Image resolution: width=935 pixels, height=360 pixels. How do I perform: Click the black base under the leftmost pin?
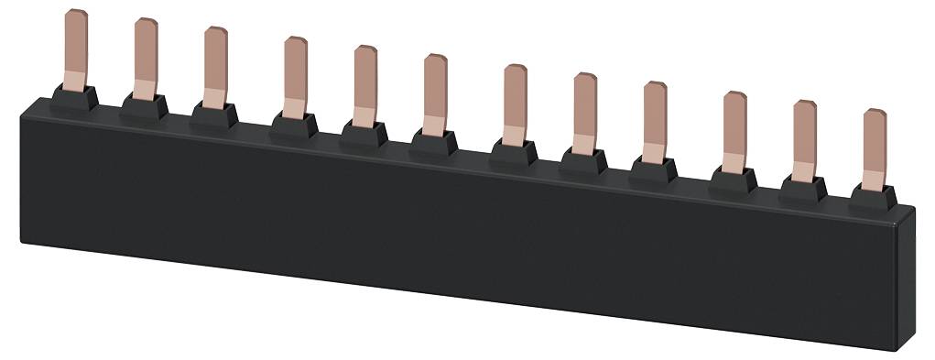(x=77, y=98)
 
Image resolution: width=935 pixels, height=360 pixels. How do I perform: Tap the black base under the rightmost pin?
(x=874, y=195)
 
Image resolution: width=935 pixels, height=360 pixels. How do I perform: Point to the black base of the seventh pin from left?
(x=515, y=152)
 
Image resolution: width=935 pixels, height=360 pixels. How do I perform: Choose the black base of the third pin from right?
(x=734, y=179)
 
